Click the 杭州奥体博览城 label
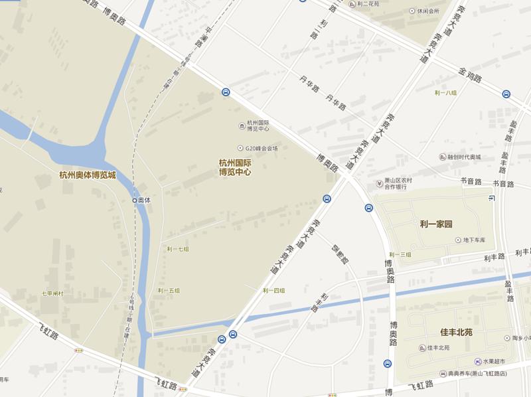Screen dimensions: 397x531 (87, 176)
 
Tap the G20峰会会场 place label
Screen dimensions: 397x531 (262, 147)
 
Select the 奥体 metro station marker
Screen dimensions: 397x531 (135, 200)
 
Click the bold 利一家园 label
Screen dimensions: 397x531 (436, 224)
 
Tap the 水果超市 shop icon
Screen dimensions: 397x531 (478, 360)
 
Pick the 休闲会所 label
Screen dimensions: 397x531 (428, 11)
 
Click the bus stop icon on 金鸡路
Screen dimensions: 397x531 (506, 94)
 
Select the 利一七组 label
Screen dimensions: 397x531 (178, 249)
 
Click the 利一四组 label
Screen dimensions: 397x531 (273, 291)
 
